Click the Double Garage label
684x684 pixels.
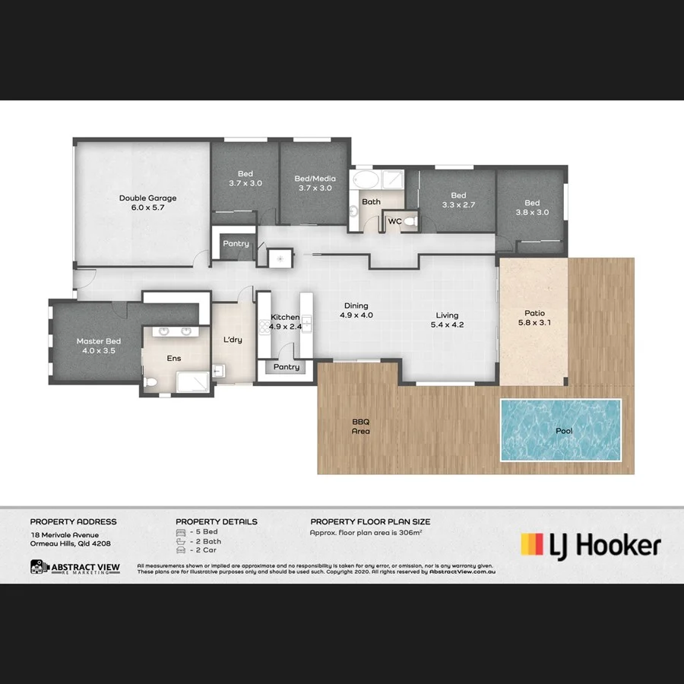tap(142, 198)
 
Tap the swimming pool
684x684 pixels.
tap(560, 430)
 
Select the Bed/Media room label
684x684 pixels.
tap(315, 179)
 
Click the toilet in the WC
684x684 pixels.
tap(410, 221)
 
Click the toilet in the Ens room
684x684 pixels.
tap(150, 382)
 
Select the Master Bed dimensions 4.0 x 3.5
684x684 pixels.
tap(99, 351)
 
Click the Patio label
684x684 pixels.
tap(534, 313)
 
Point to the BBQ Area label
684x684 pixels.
tap(360, 426)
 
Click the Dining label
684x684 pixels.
tap(356, 305)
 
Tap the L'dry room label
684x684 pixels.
tap(233, 340)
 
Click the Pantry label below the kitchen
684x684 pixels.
tap(287, 367)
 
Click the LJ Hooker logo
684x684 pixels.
tap(590, 545)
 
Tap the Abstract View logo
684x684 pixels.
tap(74, 567)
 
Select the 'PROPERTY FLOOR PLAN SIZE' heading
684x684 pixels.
tap(370, 521)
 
